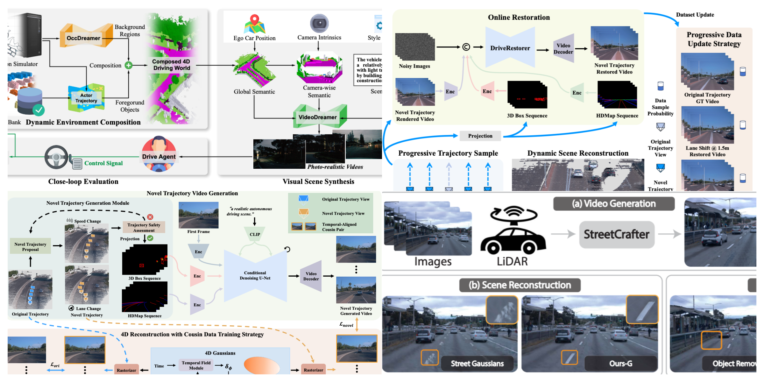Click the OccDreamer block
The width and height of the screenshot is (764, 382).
click(83, 38)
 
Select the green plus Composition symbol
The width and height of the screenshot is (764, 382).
click(129, 65)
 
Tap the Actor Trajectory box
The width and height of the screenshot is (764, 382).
click(86, 98)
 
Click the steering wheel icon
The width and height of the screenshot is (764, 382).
click(56, 157)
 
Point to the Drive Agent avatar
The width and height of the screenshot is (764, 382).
click(159, 154)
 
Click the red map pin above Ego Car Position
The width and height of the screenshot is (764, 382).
click(254, 20)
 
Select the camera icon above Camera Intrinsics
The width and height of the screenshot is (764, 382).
click(319, 23)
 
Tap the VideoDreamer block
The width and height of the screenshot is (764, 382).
click(318, 117)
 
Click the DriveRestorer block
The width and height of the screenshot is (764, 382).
click(510, 48)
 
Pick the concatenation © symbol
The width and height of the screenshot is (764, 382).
click(466, 47)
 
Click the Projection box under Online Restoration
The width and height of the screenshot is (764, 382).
click(480, 136)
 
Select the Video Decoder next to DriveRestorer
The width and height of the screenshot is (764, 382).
click(563, 48)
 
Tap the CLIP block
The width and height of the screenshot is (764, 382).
click(255, 234)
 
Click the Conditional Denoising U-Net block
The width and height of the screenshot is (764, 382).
click(255, 275)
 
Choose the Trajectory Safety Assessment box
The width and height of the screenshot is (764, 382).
click(144, 227)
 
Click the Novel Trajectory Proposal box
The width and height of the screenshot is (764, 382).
click(30, 247)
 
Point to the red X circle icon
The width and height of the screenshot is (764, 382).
click(150, 217)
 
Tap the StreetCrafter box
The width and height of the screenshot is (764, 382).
click(616, 235)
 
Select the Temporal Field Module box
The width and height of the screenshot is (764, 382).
click(196, 365)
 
